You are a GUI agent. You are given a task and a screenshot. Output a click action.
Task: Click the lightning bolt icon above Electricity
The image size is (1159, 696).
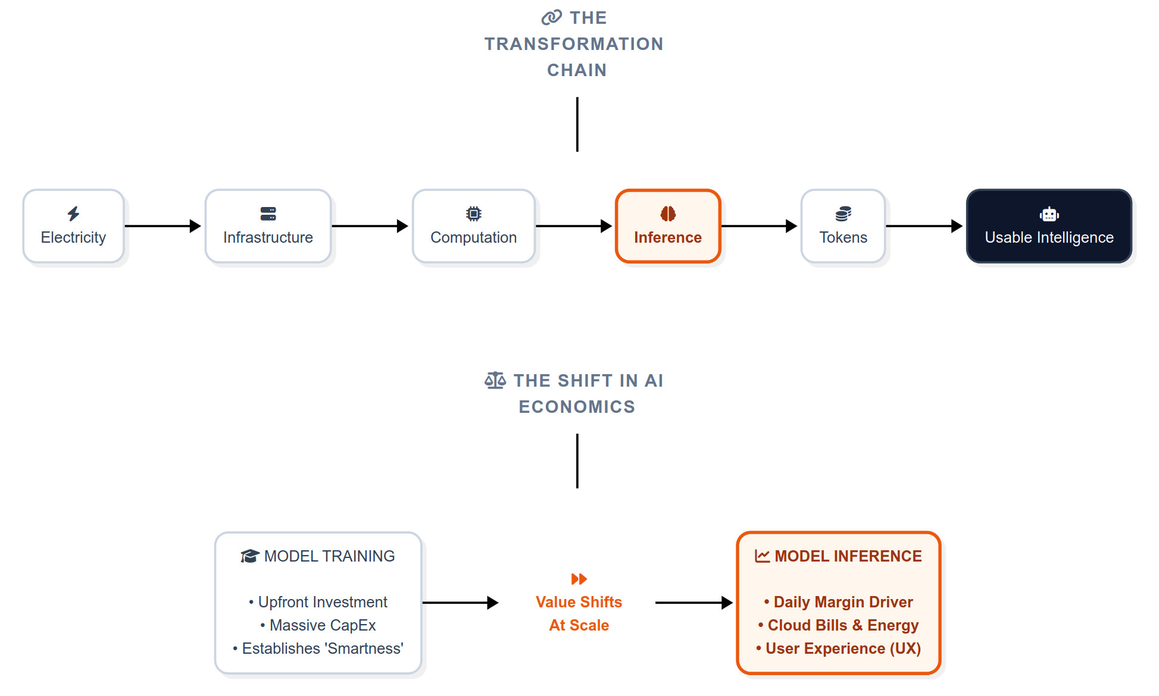pos(73,214)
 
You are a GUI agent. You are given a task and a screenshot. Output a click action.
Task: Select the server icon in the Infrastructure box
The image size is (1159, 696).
pos(268,214)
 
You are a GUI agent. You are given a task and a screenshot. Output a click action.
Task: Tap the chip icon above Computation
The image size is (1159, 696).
pos(473,214)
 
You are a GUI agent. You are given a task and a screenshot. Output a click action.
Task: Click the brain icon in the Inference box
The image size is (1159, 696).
pos(668,214)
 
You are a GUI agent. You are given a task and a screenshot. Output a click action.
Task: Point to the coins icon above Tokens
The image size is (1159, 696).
pos(843,214)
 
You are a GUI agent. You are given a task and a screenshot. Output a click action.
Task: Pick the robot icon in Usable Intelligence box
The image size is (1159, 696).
pos(1049,214)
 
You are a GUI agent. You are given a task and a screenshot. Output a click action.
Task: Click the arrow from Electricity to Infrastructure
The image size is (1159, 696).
pos(163,226)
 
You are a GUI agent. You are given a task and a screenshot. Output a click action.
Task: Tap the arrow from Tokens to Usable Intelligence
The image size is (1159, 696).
pos(924,226)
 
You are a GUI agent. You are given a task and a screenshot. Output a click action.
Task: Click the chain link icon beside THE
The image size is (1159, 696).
pos(551,17)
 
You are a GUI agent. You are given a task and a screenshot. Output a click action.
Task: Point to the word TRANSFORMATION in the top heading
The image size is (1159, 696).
pos(574,44)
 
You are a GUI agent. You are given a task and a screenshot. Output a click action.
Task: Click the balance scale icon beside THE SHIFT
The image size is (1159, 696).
pos(495,380)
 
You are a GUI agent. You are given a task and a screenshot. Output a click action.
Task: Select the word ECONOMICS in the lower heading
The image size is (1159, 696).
pos(577,407)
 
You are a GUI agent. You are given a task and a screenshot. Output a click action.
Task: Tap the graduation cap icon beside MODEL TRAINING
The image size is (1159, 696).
pos(249,556)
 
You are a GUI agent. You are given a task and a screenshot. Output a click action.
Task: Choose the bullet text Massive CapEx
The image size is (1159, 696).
pos(323,625)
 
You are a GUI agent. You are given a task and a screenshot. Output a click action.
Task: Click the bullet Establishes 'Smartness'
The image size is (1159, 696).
pos(322,648)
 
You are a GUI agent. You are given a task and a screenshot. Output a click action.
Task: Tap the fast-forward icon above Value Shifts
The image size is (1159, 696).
pos(579,579)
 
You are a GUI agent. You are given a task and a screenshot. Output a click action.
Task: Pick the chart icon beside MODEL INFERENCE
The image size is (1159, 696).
pos(762,556)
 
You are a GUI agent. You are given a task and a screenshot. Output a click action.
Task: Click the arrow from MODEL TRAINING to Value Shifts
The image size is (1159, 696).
pos(460,603)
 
